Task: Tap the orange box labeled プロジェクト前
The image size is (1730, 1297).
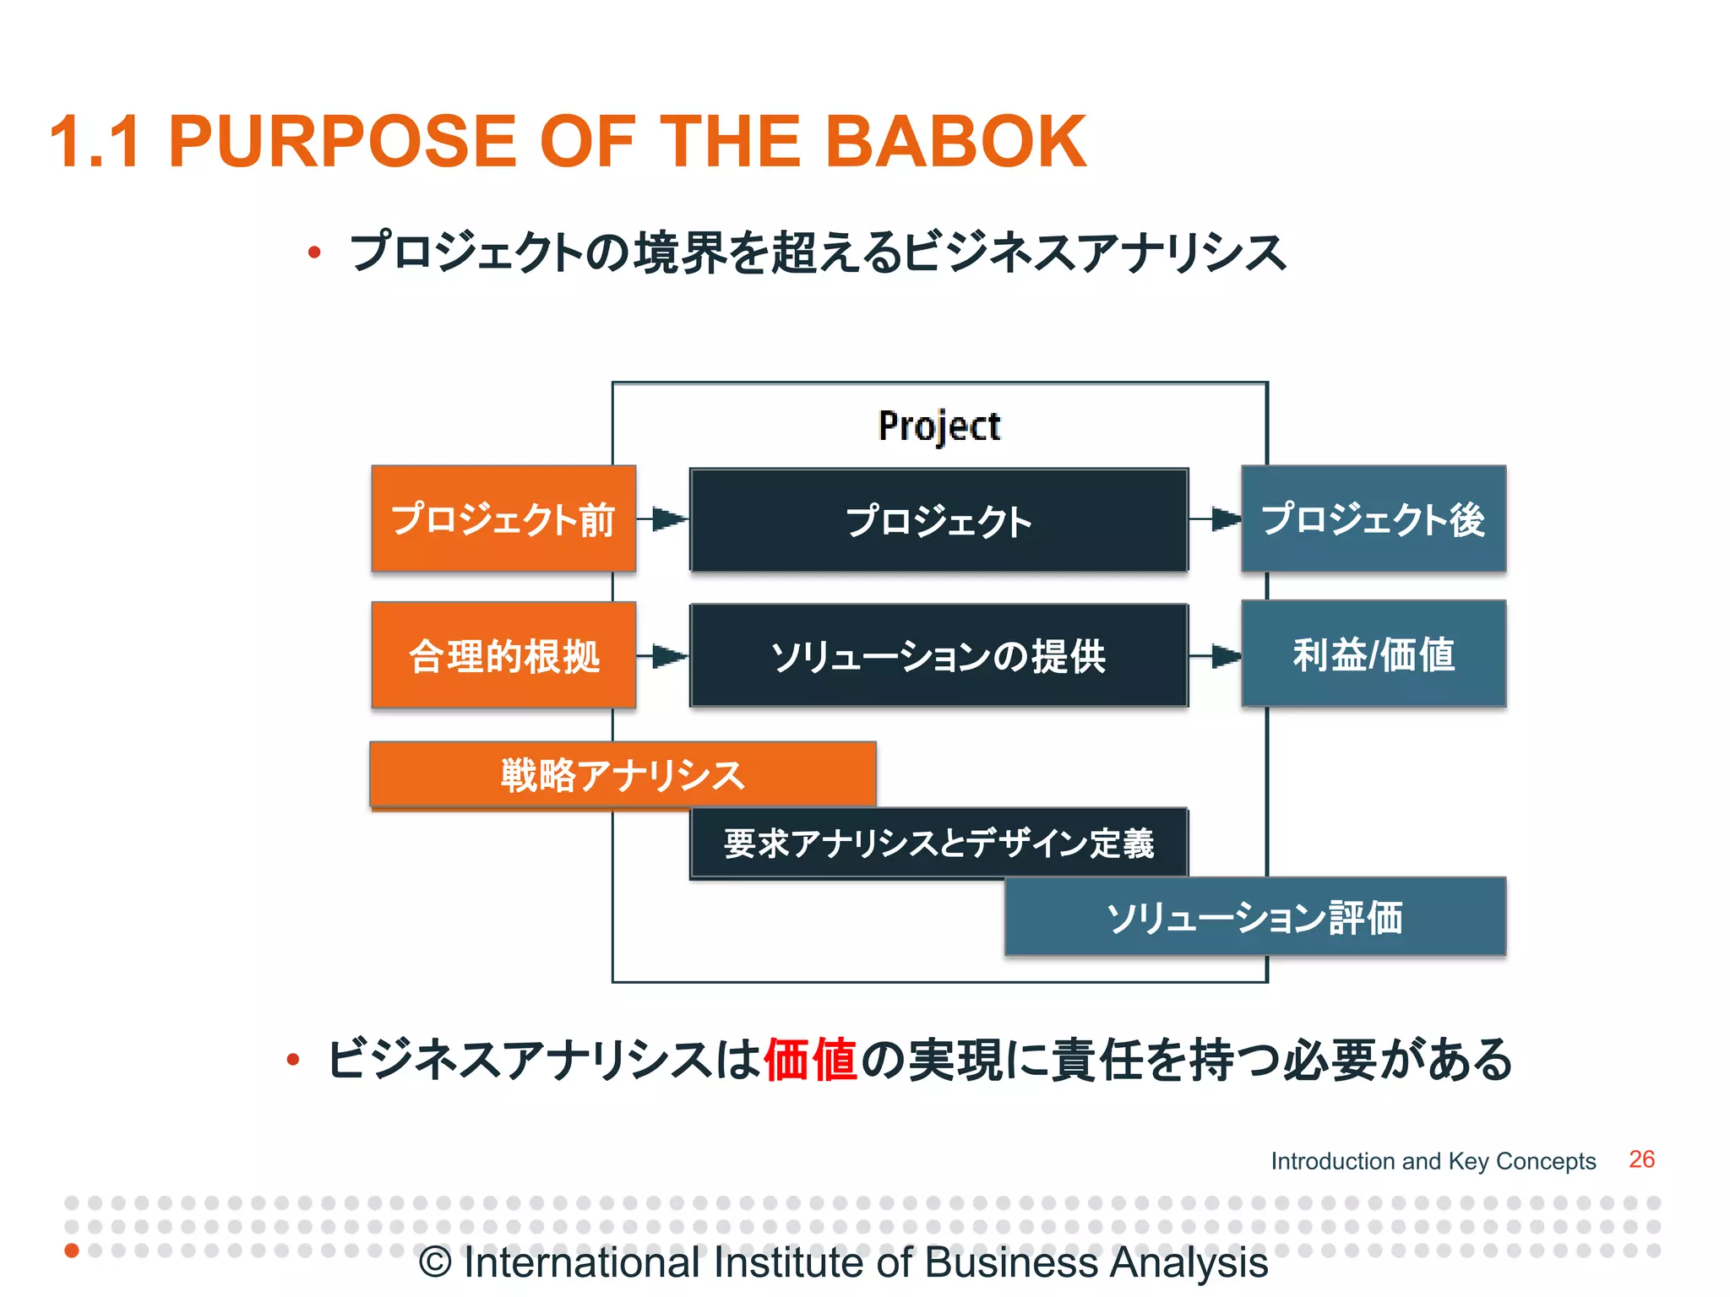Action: click(x=503, y=518)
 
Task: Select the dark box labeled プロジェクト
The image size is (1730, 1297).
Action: click(x=938, y=520)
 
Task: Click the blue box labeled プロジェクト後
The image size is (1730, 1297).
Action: click(x=1374, y=518)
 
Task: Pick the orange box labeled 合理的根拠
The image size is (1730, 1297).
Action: click(x=503, y=655)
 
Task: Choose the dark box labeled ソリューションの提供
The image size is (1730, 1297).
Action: click(x=938, y=655)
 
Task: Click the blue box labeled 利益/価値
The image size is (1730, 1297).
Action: click(x=1374, y=654)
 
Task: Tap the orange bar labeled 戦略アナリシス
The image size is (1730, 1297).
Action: click(x=623, y=774)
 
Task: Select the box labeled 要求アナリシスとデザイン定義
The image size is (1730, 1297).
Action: click(x=938, y=844)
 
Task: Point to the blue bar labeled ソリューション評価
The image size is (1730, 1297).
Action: click(x=1255, y=917)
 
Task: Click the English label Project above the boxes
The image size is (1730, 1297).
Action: click(x=939, y=426)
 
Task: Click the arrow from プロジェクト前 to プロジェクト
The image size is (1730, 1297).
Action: click(x=663, y=519)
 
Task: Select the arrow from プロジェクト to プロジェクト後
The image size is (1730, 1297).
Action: click(x=1216, y=519)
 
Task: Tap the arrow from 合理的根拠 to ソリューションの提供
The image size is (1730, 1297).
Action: click(x=663, y=656)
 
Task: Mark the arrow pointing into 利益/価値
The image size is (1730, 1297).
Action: click(x=1216, y=656)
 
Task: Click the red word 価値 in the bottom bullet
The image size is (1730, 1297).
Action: click(x=811, y=1060)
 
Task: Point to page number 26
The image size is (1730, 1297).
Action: click(x=1641, y=1159)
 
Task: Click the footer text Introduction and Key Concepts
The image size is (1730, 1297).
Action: click(x=1434, y=1161)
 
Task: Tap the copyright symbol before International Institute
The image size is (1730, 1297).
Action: click(x=436, y=1263)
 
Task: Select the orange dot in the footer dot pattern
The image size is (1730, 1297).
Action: click(x=72, y=1250)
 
